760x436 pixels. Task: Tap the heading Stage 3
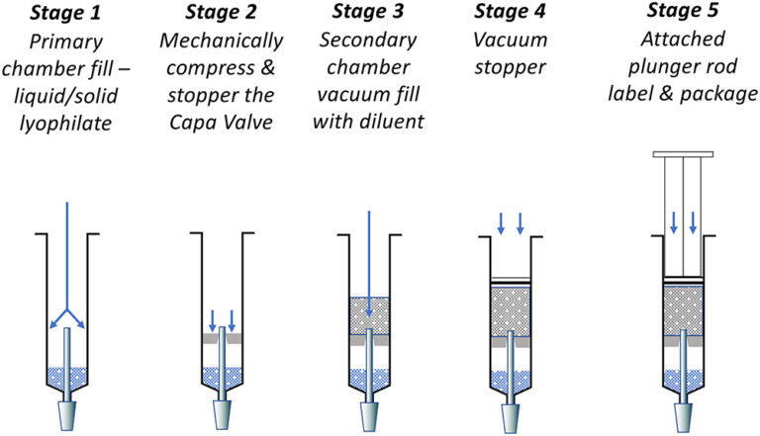pyautogui.click(x=367, y=14)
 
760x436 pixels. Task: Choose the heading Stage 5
pyautogui.click(x=682, y=14)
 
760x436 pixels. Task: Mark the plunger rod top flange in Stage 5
pyautogui.click(x=682, y=154)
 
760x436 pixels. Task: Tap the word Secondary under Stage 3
pyautogui.click(x=367, y=43)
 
